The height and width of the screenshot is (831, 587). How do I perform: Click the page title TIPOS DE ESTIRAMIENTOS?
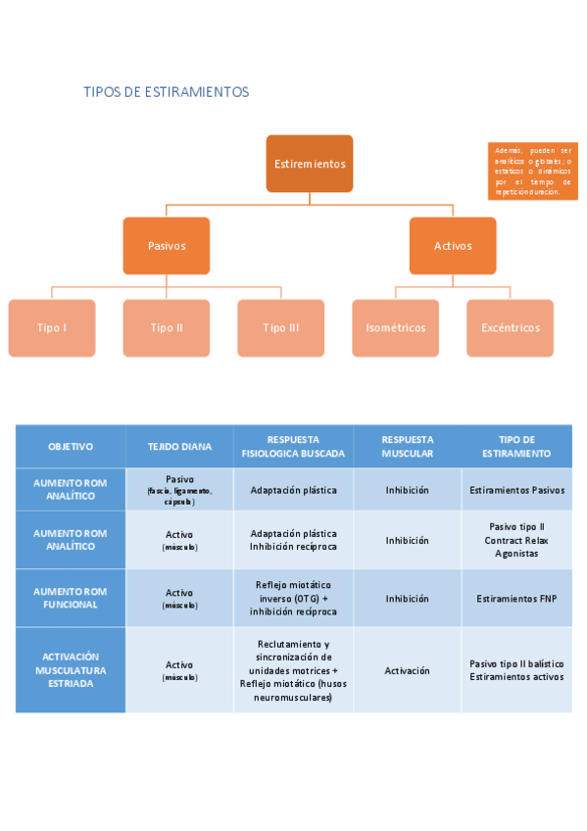[x=167, y=92]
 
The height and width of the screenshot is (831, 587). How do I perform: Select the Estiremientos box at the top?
[x=310, y=164]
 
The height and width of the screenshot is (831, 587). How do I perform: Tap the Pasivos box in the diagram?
[x=166, y=246]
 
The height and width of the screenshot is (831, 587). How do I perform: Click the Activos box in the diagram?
[x=453, y=246]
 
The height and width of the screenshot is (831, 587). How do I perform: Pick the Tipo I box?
[x=52, y=327]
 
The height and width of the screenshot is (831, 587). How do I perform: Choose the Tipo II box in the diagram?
[x=167, y=327]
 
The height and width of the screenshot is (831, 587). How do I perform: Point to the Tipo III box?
[x=281, y=327]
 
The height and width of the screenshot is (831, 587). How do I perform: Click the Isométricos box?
[x=395, y=327]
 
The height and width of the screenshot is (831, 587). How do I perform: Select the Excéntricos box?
[x=510, y=327]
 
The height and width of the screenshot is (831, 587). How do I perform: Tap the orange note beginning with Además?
[x=532, y=171]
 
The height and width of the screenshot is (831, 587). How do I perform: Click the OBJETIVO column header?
[x=71, y=447]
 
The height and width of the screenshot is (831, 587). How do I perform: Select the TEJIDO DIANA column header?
[x=179, y=447]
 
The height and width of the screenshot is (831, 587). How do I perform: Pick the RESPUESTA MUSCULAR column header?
[x=407, y=447]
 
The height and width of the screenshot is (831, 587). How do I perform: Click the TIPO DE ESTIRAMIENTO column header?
[x=516, y=447]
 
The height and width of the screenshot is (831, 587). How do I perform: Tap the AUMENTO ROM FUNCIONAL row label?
[x=71, y=598]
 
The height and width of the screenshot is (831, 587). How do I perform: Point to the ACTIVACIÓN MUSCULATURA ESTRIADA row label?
[x=71, y=670]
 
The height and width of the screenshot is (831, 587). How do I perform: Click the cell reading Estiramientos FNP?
[x=516, y=598]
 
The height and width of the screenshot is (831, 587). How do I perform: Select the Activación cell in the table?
[x=407, y=670]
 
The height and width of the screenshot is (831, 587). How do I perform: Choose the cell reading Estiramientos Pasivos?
[x=516, y=489]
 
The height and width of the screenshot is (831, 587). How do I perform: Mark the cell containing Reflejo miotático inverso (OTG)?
[x=293, y=598]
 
